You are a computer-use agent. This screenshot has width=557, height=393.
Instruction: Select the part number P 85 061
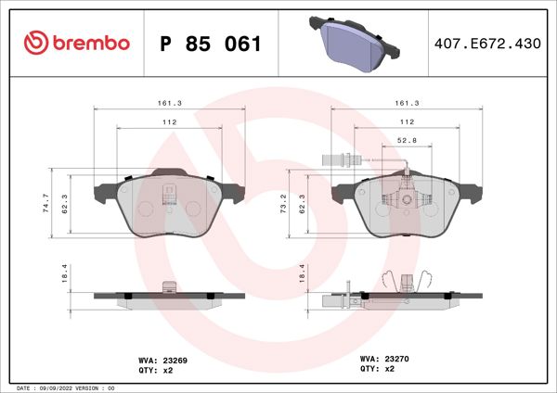tap(211, 44)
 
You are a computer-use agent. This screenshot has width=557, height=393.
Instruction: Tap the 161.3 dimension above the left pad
tap(168, 104)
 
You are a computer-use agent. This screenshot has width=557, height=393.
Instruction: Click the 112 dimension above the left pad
tap(168, 122)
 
